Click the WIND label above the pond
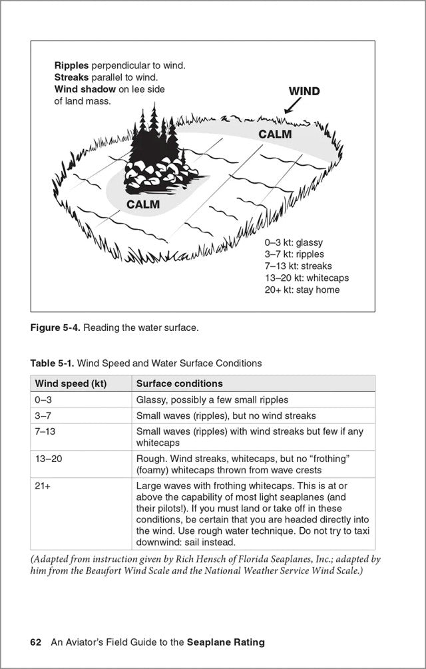304,91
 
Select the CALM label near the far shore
275,134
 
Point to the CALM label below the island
143,204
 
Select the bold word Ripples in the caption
71,66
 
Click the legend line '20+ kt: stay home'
302,290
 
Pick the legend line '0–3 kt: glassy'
294,242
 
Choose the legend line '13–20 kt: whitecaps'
306,278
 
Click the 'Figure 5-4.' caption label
55,328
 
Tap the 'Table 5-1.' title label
53,363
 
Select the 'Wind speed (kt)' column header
71,383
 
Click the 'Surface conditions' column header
179,383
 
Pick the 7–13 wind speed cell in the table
45,431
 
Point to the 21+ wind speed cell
43,487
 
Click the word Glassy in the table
150,400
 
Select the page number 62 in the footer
36,642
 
